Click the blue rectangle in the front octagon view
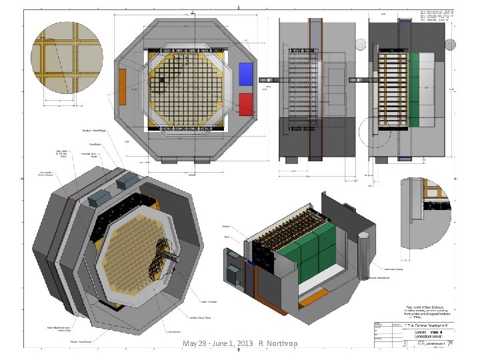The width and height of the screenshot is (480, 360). point(246,73)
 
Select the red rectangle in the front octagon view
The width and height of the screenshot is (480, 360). point(246,104)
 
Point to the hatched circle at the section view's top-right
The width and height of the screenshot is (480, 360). point(451,45)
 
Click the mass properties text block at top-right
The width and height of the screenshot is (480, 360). point(437,16)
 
